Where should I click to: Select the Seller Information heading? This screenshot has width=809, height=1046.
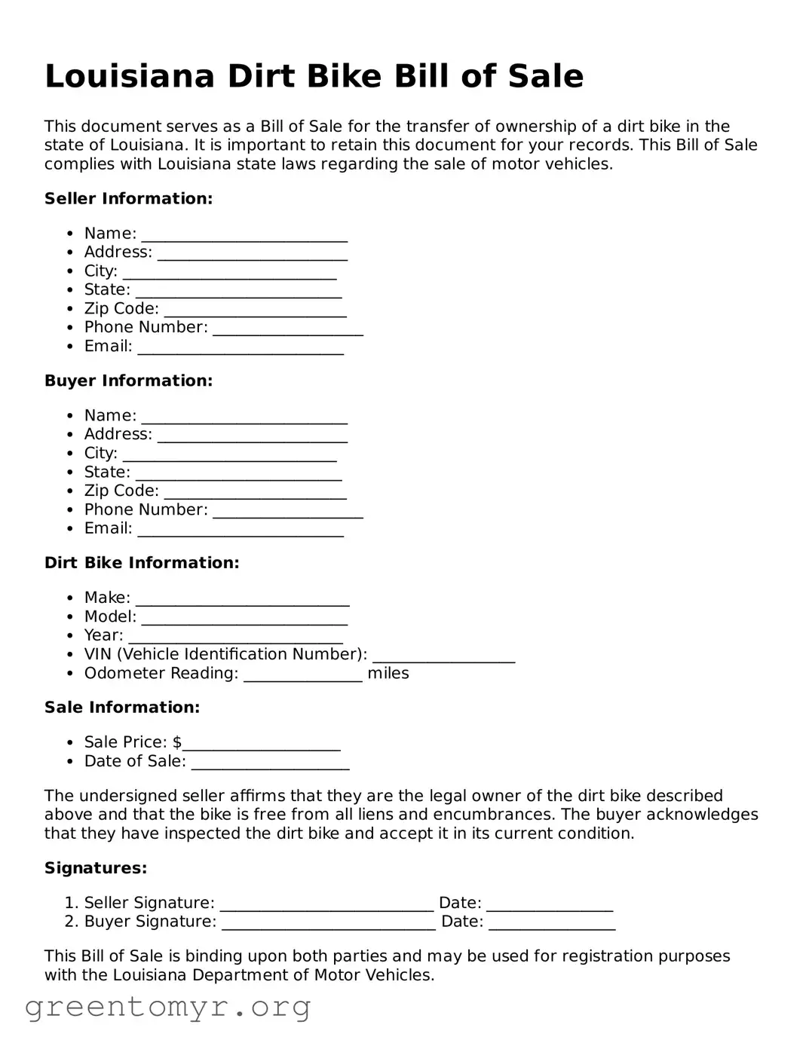tap(128, 199)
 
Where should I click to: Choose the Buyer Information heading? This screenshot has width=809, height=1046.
tap(128, 381)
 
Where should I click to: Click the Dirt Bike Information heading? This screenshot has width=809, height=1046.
tap(142, 563)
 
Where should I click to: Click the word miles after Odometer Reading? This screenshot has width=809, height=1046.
tap(388, 674)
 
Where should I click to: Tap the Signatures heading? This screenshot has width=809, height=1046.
tap(96, 869)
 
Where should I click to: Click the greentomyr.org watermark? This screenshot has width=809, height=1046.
tap(167, 1008)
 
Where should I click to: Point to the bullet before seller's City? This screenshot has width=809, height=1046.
tap(70, 272)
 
